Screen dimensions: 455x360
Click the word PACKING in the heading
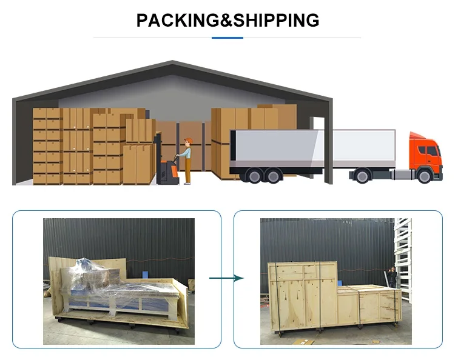pos(178,20)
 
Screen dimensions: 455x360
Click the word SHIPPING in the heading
pos(276,20)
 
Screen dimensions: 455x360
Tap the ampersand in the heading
pos(226,20)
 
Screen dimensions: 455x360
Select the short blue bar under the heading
pos(227,38)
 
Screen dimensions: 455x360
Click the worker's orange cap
pos(189,141)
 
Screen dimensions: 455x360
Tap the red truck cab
pos(426,156)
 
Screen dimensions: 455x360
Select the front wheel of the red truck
pos(424,176)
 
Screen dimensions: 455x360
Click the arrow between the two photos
pos(226,278)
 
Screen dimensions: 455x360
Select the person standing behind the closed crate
pos(392,278)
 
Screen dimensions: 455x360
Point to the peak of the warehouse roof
pos(173,61)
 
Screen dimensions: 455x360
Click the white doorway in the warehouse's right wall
pos(317,123)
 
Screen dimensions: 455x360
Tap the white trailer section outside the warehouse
pos(364,148)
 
